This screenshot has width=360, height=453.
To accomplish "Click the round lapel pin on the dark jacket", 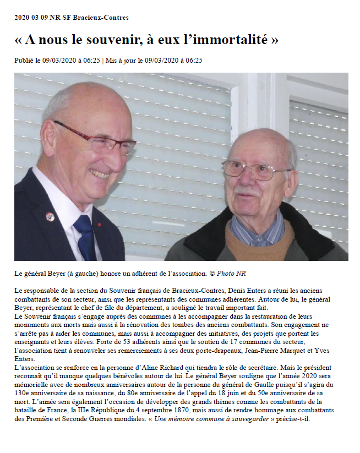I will click(x=50, y=216).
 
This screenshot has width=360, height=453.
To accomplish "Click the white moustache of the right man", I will click(x=247, y=191).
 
